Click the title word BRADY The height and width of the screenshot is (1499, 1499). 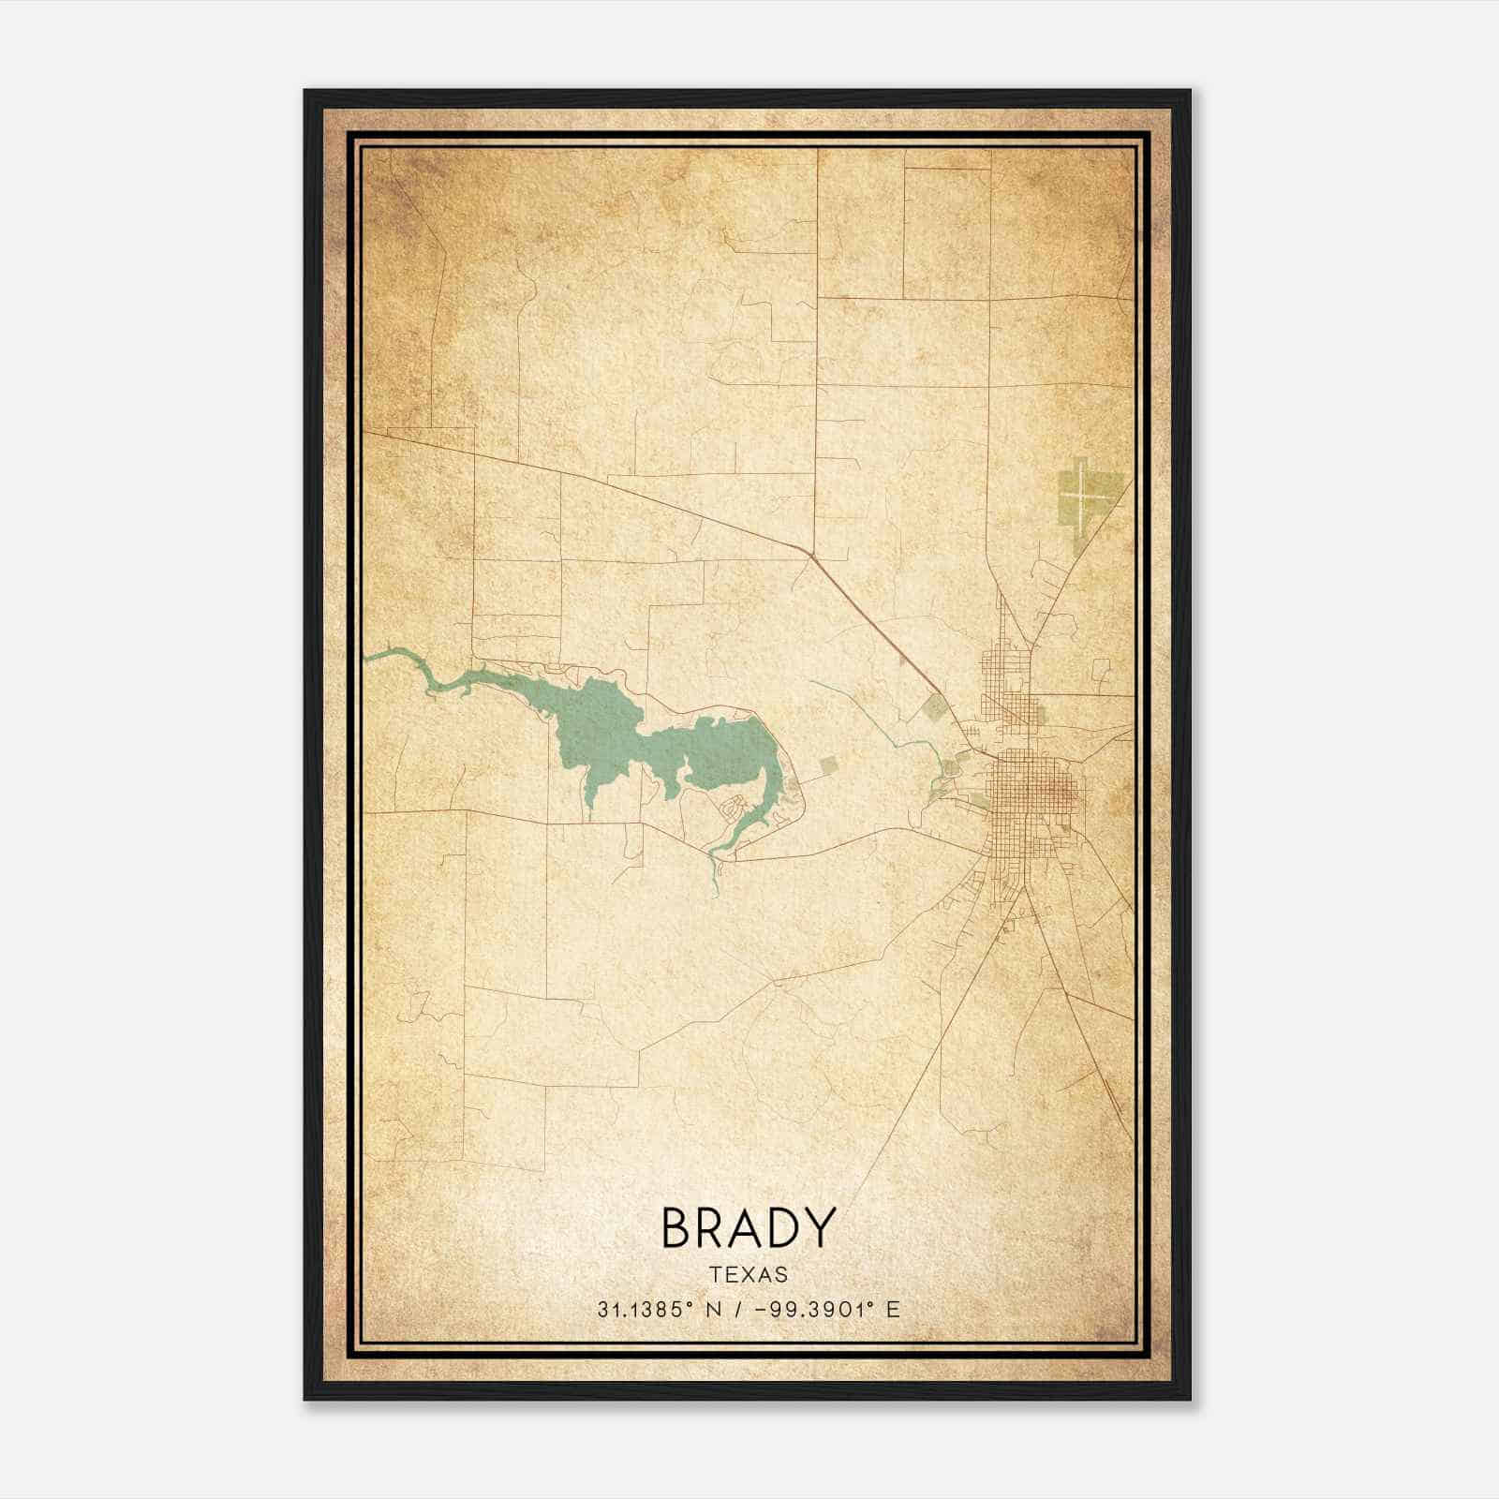coord(748,1228)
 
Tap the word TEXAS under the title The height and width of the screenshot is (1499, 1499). coord(749,1275)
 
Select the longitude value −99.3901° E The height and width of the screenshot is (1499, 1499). coord(824,1310)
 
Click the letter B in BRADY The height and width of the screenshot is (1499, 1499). coord(676,1228)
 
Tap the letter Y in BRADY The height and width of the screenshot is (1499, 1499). coord(819,1228)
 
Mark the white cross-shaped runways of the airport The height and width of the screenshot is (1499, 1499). coord(1082,493)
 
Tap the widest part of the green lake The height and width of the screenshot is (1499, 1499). coord(600,726)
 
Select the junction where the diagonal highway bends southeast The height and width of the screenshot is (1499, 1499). coord(809,555)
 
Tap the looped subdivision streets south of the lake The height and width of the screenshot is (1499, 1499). coord(734,806)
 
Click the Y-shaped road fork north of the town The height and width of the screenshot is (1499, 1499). coord(1031,646)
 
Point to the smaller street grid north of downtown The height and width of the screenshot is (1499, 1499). coord(1006,675)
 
